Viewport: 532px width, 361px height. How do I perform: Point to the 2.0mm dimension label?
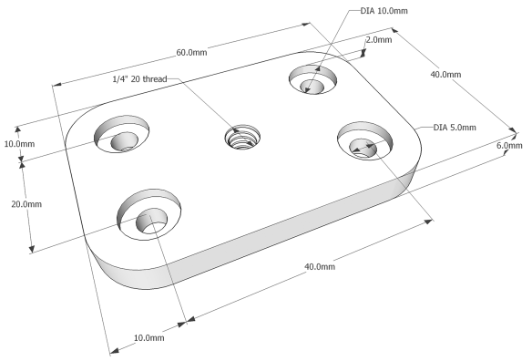point(378,40)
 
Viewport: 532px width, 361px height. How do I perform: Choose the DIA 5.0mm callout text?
point(454,127)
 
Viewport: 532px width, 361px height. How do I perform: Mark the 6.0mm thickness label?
point(508,146)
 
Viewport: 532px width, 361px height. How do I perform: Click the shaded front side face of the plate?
point(273,251)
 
